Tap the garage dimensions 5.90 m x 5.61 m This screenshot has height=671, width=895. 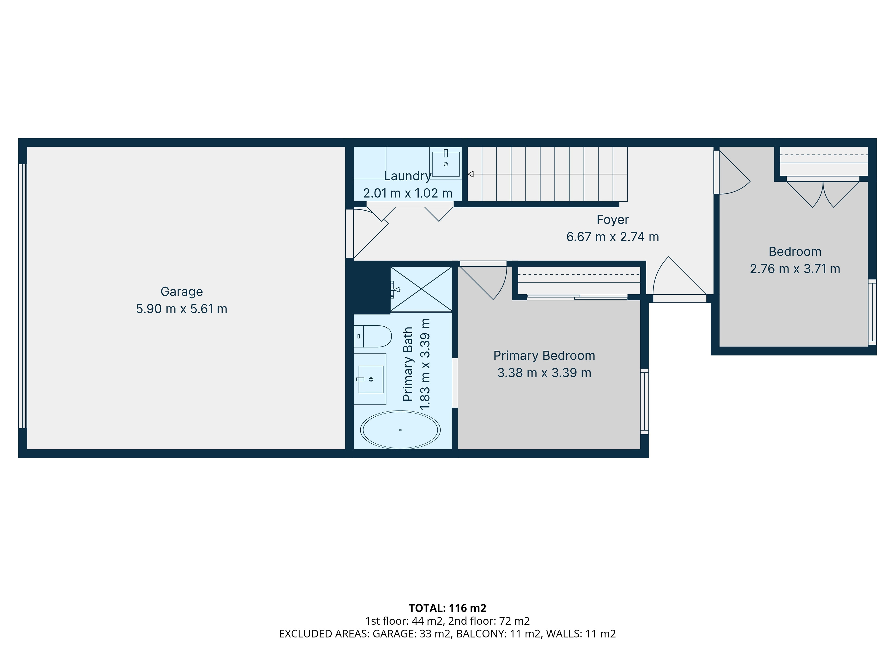182,309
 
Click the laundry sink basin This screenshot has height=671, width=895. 445,164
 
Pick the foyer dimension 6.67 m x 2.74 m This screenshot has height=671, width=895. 613,237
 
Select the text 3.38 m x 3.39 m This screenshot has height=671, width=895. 544,373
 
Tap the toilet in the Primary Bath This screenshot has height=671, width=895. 373,336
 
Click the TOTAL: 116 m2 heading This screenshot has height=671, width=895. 447,608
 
